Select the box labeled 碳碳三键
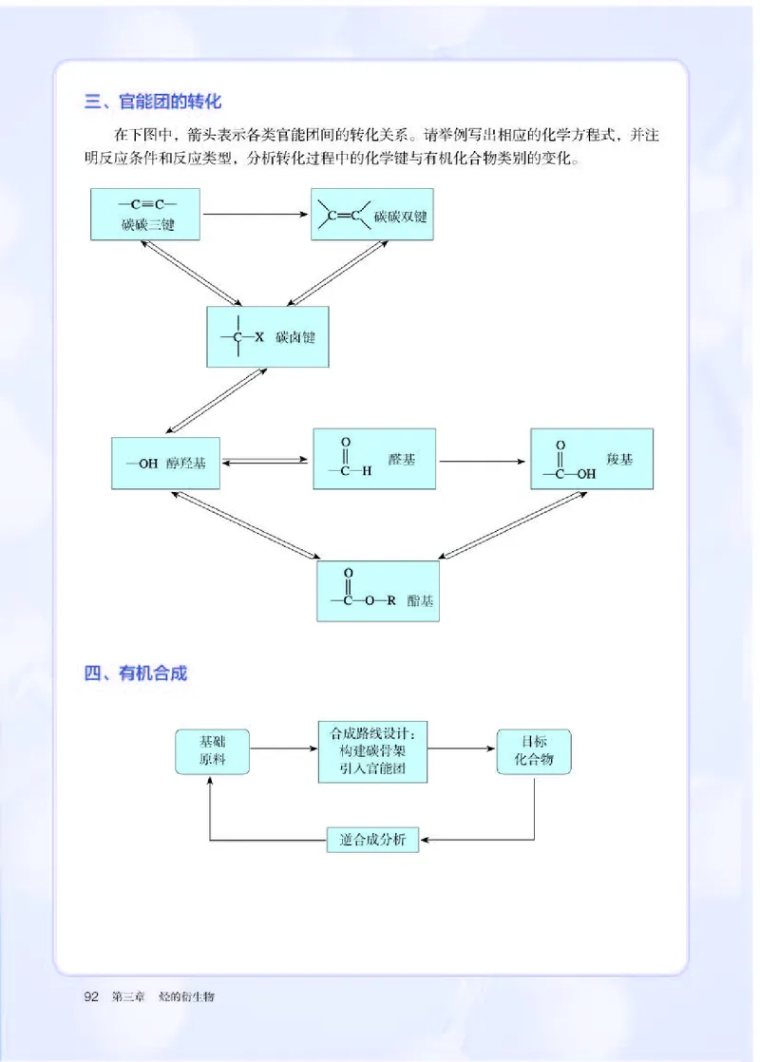click(x=146, y=215)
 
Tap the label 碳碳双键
click(x=400, y=217)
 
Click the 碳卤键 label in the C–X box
click(x=295, y=337)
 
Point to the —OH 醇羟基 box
click(x=165, y=464)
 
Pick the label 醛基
click(x=402, y=459)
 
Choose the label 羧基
click(x=618, y=459)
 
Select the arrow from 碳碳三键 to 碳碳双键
click(x=256, y=214)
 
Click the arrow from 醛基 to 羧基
click(x=484, y=462)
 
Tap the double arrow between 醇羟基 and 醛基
click(x=266, y=462)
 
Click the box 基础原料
click(x=212, y=750)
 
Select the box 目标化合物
click(x=535, y=750)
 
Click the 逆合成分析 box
click(x=373, y=839)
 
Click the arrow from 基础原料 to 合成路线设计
click(x=282, y=749)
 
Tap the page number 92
click(x=93, y=996)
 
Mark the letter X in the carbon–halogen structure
click(x=258, y=337)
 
